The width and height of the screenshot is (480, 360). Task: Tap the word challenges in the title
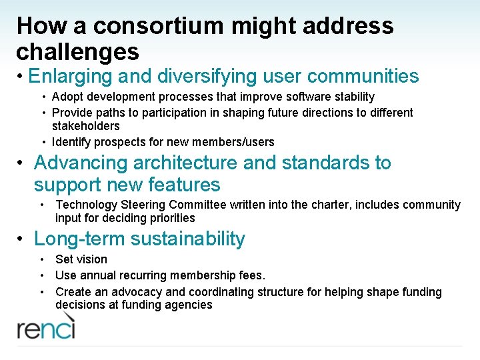pos(77,51)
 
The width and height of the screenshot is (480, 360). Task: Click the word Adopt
pos(67,97)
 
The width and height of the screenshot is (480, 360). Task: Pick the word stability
pos(353,97)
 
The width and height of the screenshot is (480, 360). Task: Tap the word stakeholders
pos(86,126)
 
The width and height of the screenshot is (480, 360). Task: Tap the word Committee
pos(202,205)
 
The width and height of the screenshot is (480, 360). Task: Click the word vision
pos(91,259)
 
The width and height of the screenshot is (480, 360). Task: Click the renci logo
pos(46,327)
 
